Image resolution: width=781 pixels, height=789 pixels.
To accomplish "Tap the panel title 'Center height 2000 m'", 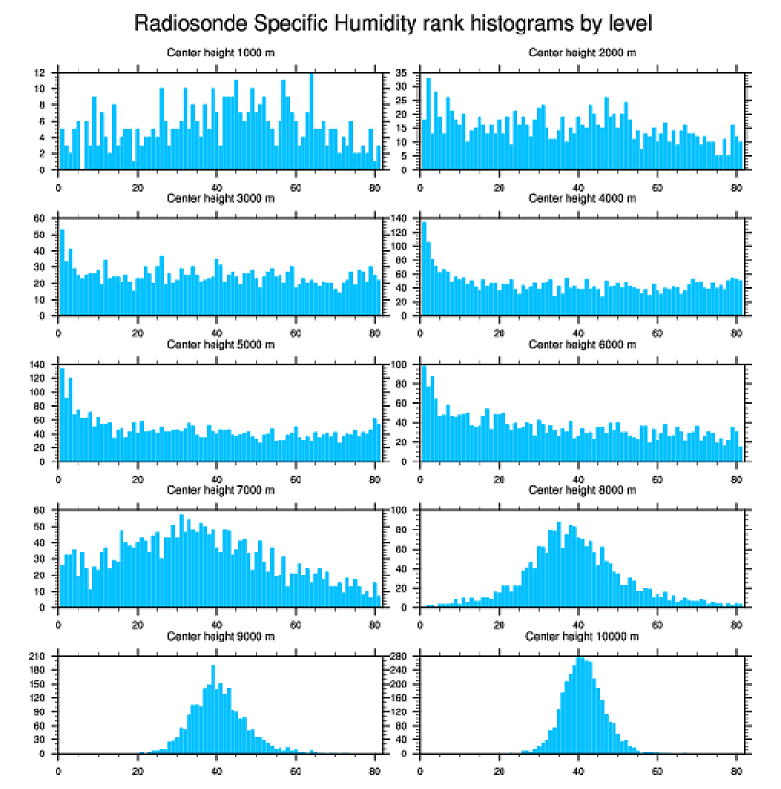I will point(582,52).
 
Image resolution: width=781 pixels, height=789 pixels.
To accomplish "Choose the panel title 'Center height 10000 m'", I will point(582,636).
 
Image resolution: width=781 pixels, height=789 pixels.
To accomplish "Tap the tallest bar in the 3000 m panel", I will point(62,272).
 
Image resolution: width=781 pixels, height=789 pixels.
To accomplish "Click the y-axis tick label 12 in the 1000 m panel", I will point(40,73).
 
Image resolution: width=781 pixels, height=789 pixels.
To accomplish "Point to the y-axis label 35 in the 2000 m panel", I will point(401,73).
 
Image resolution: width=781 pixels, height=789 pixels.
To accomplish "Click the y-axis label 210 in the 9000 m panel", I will point(37,656).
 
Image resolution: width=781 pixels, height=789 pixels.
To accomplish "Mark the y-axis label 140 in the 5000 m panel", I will point(37,365).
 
